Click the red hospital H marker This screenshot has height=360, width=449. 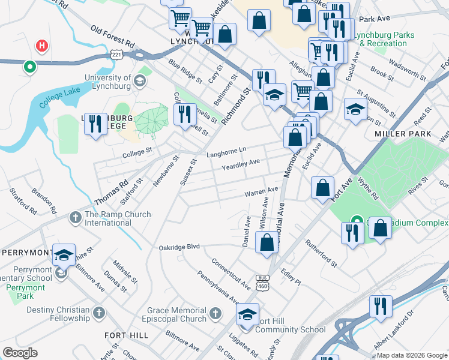41,45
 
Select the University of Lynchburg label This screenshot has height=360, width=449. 108,82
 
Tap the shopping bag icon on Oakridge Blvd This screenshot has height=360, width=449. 267,243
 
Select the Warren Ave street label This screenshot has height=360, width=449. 261,193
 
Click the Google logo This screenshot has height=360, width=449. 20,353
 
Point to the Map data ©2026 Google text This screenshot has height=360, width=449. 411,355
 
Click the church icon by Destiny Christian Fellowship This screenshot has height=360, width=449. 100,313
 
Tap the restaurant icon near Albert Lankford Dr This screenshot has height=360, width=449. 380,306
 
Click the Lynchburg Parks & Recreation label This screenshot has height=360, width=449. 383,40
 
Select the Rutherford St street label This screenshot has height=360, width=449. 321,253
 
